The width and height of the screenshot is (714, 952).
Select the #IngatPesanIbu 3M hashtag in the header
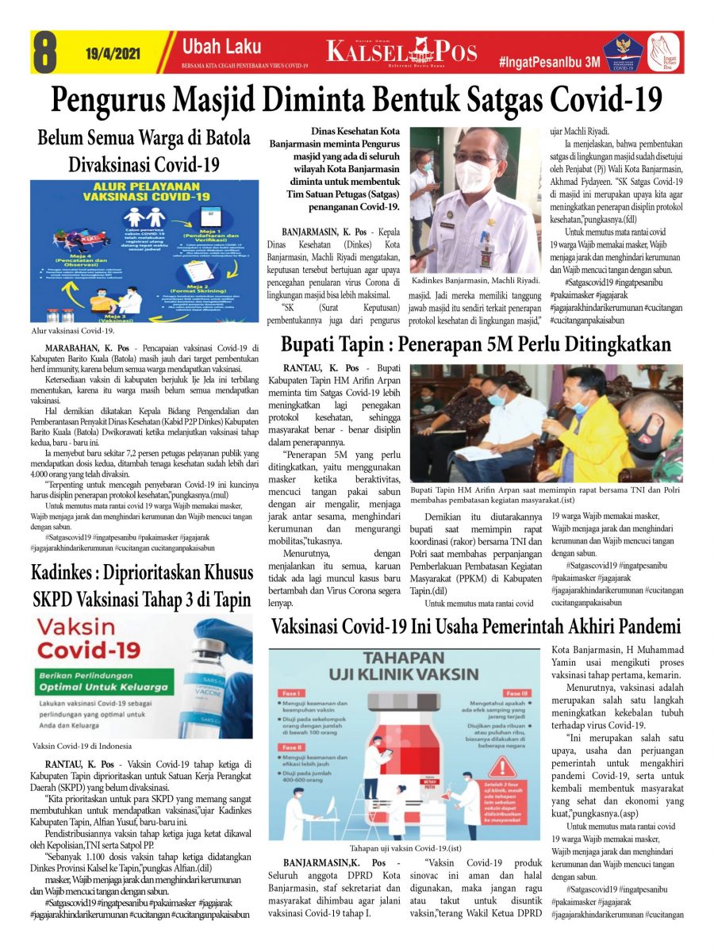(549, 61)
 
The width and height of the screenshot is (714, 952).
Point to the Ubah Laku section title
(210, 47)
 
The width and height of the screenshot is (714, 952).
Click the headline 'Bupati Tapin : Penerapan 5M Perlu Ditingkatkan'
(476, 344)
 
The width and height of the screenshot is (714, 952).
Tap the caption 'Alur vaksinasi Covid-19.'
(73, 330)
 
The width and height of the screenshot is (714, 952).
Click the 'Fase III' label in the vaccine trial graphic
(516, 693)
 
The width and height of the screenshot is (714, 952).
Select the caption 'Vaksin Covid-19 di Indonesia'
(81, 747)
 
